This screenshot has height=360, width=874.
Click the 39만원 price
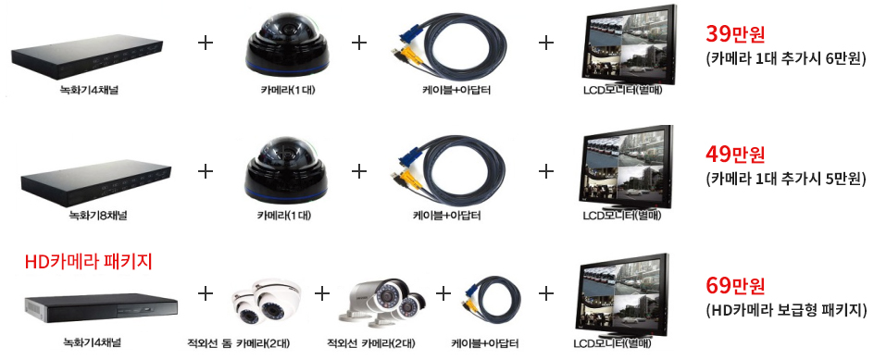pyautogui.click(x=735, y=34)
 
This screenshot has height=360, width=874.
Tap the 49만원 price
pyautogui.click(x=735, y=155)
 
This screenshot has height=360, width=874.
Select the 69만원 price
pyautogui.click(x=735, y=286)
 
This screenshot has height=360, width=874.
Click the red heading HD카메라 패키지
pyautogui.click(x=89, y=261)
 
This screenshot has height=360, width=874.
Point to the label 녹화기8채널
pyautogui.click(x=97, y=215)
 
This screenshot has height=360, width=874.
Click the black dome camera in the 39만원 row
pyautogui.click(x=286, y=43)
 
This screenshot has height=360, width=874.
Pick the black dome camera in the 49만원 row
pyautogui.click(x=286, y=170)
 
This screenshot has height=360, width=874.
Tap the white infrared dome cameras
pyautogui.click(x=267, y=302)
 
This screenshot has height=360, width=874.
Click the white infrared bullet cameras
pyautogui.click(x=381, y=301)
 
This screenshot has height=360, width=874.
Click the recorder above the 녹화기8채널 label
pyautogui.click(x=95, y=184)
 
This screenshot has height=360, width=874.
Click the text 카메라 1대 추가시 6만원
pyautogui.click(x=786, y=58)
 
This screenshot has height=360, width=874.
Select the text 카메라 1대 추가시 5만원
pyautogui.click(x=786, y=179)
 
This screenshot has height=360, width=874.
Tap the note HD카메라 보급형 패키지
pyautogui.click(x=786, y=310)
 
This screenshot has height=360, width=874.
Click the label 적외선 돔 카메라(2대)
pyautogui.click(x=239, y=342)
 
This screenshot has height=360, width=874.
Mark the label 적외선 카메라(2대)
pyautogui.click(x=370, y=342)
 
